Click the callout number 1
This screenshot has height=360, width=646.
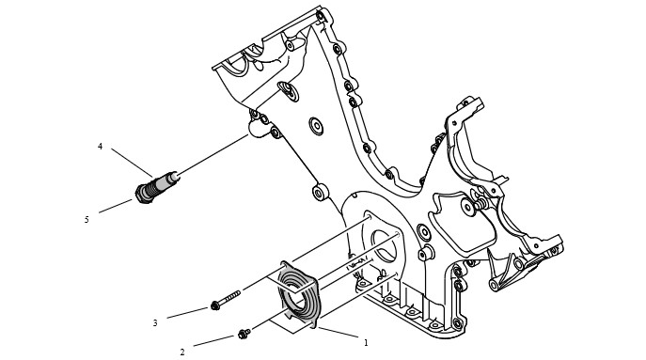pyautogui.click(x=365, y=342)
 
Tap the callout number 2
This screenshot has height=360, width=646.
pyautogui.click(x=182, y=352)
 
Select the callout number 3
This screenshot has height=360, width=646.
pyautogui.click(x=155, y=323)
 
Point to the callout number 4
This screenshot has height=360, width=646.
pyautogui.click(x=100, y=147)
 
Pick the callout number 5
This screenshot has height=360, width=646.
pyautogui.click(x=87, y=220)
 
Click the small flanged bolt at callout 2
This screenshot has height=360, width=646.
pyautogui.click(x=244, y=334)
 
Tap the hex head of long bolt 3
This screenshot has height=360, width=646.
pyautogui.click(x=214, y=305)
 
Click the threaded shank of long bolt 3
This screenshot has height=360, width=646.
pyautogui.click(x=229, y=298)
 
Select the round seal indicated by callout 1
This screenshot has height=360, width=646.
pyautogui.click(x=299, y=294)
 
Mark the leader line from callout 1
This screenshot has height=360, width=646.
pyautogui.click(x=338, y=333)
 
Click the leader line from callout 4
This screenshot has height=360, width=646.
pyautogui.click(x=132, y=163)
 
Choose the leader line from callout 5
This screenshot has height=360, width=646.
pyautogui.click(x=116, y=207)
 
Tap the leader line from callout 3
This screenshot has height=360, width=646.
pyautogui.click(x=187, y=313)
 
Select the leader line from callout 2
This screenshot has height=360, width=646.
pyautogui.click(x=213, y=341)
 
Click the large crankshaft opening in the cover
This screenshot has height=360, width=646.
pyautogui.click(x=383, y=246)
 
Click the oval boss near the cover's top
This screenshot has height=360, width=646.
pyautogui.click(x=288, y=91)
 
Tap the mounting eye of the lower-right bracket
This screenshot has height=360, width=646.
pyautogui.click(x=494, y=286)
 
